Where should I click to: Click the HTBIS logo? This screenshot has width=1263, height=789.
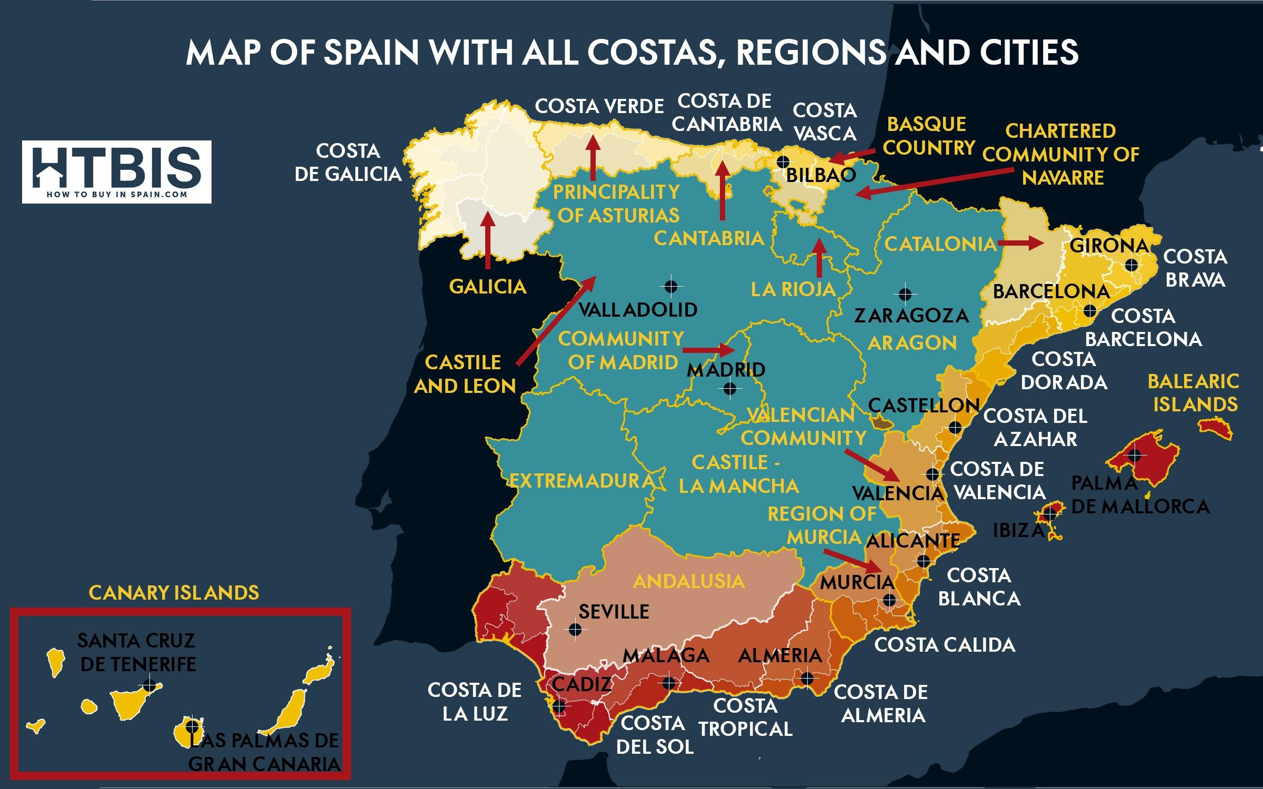point(117,171)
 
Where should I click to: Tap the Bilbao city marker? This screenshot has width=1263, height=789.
point(783,161)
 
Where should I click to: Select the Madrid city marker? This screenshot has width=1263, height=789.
point(730,389)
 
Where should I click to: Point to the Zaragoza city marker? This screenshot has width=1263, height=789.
point(905,294)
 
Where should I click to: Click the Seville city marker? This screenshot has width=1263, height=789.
point(575,629)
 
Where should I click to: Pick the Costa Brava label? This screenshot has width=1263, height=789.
point(1195,268)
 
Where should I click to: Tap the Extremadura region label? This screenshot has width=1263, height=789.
point(582,481)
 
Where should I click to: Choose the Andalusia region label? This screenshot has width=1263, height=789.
point(689,581)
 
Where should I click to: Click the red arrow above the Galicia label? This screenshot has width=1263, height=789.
point(488,240)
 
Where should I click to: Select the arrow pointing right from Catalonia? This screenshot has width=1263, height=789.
point(1020,243)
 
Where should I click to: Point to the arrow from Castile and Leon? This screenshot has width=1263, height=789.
point(556,320)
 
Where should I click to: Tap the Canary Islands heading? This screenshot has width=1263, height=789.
point(174,593)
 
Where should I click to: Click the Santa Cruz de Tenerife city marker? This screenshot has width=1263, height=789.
point(150,685)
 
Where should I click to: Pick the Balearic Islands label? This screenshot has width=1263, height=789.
point(1193,393)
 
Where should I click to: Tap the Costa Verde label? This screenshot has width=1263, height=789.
point(599,107)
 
